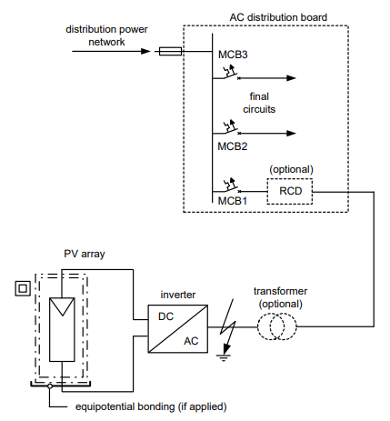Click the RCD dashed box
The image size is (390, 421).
click(x=289, y=192)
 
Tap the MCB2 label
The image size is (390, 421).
click(x=233, y=145)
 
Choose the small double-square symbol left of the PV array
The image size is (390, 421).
click(x=15, y=289)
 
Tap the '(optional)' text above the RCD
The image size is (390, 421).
click(x=289, y=169)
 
